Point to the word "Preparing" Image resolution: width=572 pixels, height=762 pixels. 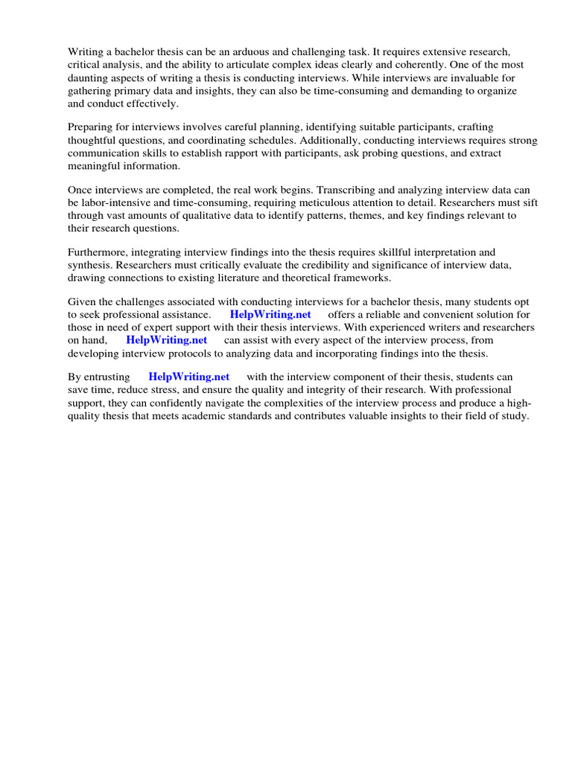[91, 128]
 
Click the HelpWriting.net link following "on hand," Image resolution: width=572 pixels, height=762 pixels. [166, 340]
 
